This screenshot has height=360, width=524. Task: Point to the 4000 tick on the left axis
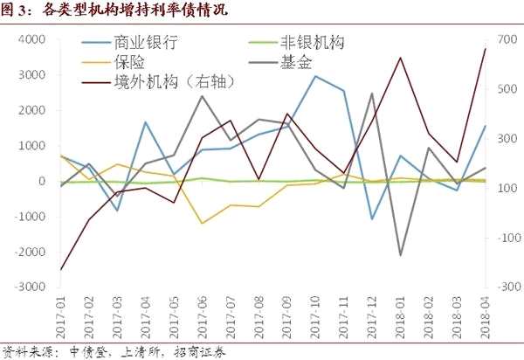tap(31, 40)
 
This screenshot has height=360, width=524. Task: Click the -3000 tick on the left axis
tap(30, 287)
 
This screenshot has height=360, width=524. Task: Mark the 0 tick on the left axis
tap(42, 181)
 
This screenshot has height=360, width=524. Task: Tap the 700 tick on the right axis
tap(507, 40)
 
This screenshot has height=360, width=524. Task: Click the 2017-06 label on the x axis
tap(203, 317)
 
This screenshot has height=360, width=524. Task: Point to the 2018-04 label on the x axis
tap(485, 317)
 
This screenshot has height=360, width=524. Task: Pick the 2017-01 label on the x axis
tap(61, 317)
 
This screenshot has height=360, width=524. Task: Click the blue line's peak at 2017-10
tap(315, 76)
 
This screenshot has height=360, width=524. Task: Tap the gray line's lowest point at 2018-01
tap(400, 255)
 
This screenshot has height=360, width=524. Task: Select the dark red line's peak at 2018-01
tap(400, 58)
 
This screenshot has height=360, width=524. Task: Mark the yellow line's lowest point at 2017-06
tap(203, 223)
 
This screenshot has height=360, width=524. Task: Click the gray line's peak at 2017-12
tap(372, 93)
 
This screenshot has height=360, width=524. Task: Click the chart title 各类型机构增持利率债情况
tap(135, 10)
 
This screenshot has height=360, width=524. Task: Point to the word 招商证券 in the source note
tap(200, 352)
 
